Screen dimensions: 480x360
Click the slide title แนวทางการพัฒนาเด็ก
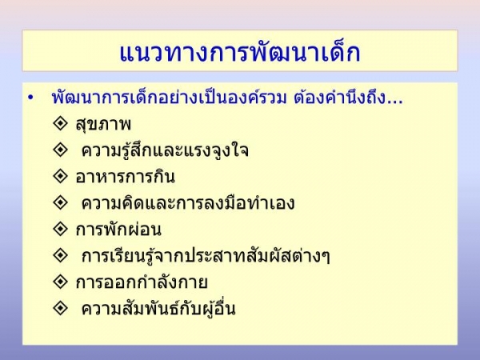[240, 52]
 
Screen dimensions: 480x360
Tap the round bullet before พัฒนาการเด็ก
[30, 98]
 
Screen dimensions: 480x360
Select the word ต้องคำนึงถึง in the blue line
[339, 98]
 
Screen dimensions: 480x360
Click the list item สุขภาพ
[103, 125]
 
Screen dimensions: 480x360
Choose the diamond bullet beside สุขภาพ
[60, 123]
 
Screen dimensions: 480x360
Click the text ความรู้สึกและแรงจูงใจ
[165, 150]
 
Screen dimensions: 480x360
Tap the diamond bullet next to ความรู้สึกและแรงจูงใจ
[60, 150]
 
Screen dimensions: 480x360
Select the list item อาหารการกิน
[126, 177]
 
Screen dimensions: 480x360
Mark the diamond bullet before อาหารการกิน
[60, 176]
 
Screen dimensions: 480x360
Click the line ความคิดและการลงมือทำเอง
[188, 203]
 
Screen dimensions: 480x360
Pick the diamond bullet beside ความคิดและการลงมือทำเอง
[60, 202]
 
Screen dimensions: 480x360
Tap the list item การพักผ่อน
[118, 230]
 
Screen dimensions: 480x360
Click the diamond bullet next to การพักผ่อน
[60, 228]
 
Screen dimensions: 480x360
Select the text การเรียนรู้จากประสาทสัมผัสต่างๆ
[206, 256]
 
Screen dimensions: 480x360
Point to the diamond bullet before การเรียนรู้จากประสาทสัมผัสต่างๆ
[60, 254]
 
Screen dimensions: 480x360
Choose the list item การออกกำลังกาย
[142, 282]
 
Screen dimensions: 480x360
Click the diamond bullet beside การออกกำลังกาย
[60, 281]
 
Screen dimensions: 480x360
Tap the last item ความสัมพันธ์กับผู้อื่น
[158, 308]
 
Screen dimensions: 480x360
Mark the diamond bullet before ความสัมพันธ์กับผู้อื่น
[60, 307]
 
